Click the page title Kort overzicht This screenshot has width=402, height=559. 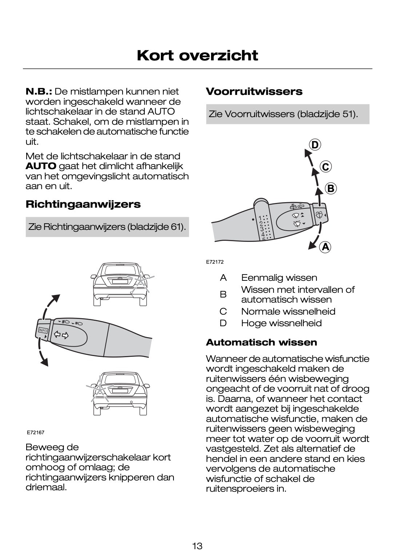(x=198, y=56)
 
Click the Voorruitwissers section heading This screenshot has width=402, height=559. (x=254, y=91)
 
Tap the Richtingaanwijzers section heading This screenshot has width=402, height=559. (x=83, y=204)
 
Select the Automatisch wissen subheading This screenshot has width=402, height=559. (x=261, y=342)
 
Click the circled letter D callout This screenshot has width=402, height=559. (x=315, y=145)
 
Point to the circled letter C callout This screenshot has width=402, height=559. (x=326, y=167)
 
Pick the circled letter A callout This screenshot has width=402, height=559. (x=325, y=247)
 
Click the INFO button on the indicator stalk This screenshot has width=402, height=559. (x=43, y=330)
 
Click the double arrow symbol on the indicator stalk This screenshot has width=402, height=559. (x=61, y=335)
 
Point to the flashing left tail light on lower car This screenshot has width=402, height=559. (x=98, y=389)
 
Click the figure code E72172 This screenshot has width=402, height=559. (x=215, y=262)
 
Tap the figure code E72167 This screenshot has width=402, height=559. (x=35, y=432)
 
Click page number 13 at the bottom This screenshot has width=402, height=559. (x=197, y=546)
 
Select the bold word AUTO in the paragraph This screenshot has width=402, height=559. (x=41, y=166)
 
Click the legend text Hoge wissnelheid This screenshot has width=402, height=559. (x=281, y=323)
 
